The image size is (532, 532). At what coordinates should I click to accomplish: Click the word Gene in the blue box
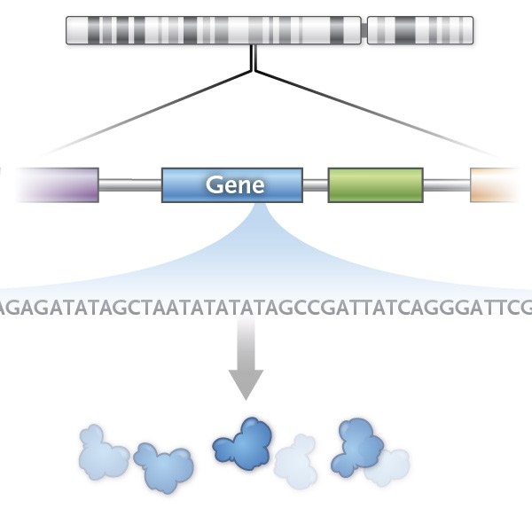pos(235,185)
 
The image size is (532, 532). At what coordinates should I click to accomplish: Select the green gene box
pos(375,185)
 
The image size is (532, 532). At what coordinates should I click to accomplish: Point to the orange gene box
pos(498,184)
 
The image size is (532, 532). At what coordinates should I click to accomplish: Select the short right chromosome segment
pos(420,30)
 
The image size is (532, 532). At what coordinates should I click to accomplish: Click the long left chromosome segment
pos(214,30)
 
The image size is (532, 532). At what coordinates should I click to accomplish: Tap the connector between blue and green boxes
pos(315,185)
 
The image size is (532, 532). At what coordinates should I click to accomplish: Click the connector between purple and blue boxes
pos(129,185)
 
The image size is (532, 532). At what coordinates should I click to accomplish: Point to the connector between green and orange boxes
pos(445,185)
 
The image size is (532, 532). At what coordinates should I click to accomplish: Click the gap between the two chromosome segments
pos(364,30)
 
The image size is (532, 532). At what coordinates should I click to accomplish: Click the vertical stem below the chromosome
pos(254,59)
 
